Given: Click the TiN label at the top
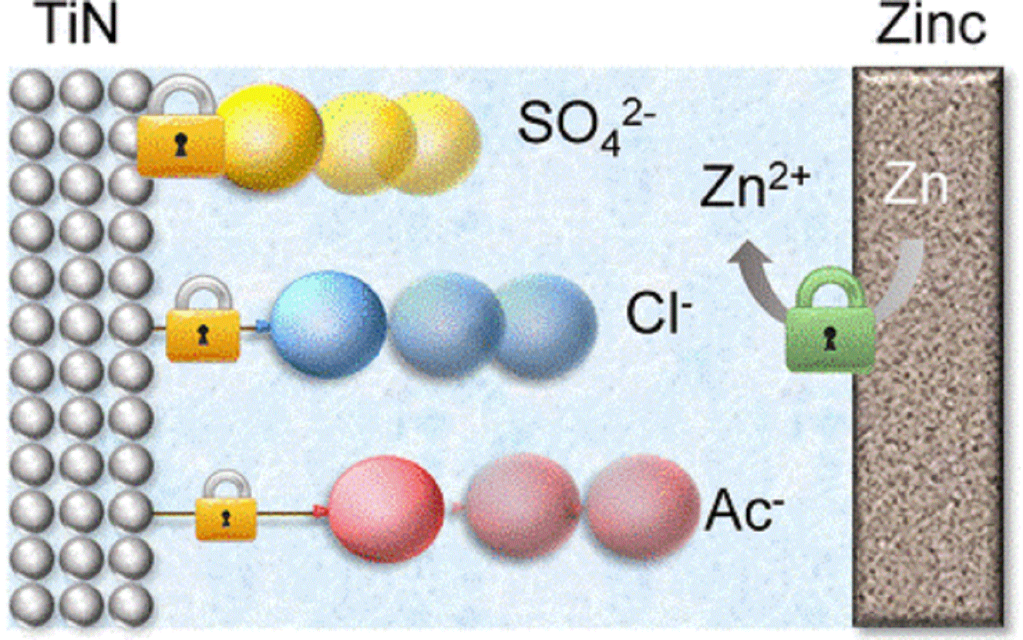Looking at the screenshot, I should (79, 26).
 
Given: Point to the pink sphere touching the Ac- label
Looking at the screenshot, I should (643, 506).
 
